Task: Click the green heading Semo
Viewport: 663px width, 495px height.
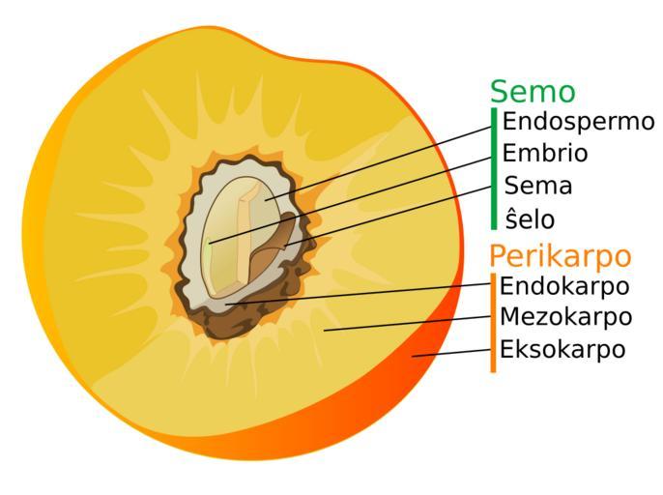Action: coord(532,92)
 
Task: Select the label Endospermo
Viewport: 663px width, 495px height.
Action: coord(578,123)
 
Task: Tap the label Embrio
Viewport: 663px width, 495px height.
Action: coord(545,154)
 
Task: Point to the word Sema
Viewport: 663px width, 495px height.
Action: coord(538,186)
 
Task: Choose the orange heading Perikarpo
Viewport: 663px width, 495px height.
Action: coord(560,256)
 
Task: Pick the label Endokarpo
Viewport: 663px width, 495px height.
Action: coord(564,286)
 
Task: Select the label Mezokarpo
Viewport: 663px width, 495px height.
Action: coord(565,317)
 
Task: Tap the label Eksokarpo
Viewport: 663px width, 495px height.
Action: coord(562,349)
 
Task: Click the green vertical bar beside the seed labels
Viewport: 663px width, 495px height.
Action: coord(494,169)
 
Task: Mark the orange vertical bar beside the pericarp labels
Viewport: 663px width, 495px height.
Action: coord(493,322)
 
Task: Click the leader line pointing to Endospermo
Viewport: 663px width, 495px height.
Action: coord(387,160)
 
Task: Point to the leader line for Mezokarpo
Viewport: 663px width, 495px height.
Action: coord(406,323)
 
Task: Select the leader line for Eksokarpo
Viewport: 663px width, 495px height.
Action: coord(454,352)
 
